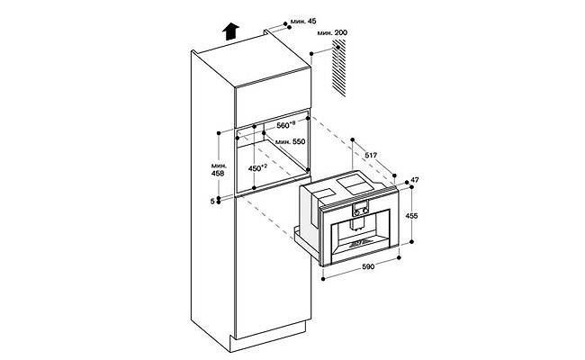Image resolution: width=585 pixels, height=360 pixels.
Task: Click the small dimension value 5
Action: (212, 201)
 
